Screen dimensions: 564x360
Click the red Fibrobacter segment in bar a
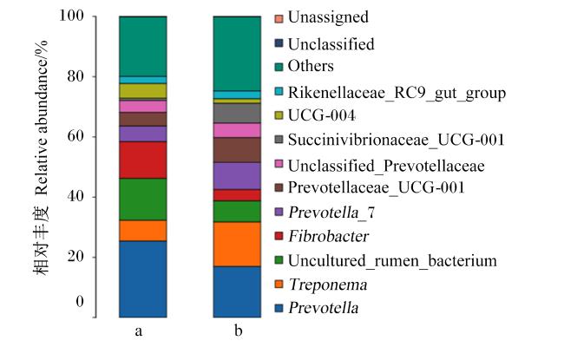tap(143, 160)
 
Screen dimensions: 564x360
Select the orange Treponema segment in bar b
tap(237, 245)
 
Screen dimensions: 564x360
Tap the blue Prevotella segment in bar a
tap(143, 279)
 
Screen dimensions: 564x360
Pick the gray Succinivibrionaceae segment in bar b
tap(237, 114)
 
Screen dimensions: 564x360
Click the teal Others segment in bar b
tap(237, 54)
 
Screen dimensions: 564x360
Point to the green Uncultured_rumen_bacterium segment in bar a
tap(143, 200)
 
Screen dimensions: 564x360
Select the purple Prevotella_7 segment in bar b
tap(237, 176)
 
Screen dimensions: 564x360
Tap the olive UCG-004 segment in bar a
tap(143, 90)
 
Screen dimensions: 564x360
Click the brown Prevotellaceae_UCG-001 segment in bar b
tap(237, 150)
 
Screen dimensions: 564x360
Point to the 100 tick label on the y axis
tap(71, 16)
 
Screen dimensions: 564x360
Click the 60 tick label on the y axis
tap(75, 136)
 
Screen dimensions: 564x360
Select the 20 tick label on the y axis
tap(75, 257)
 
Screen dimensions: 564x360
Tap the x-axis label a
tap(139, 331)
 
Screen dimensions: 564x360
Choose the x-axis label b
tap(238, 330)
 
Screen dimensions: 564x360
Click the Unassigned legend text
tap(328, 17)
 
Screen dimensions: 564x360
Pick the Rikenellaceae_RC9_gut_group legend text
tap(397, 93)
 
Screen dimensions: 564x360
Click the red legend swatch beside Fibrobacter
tap(279, 236)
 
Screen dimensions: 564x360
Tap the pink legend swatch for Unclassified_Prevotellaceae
tap(279, 164)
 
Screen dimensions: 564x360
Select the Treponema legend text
tap(328, 285)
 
